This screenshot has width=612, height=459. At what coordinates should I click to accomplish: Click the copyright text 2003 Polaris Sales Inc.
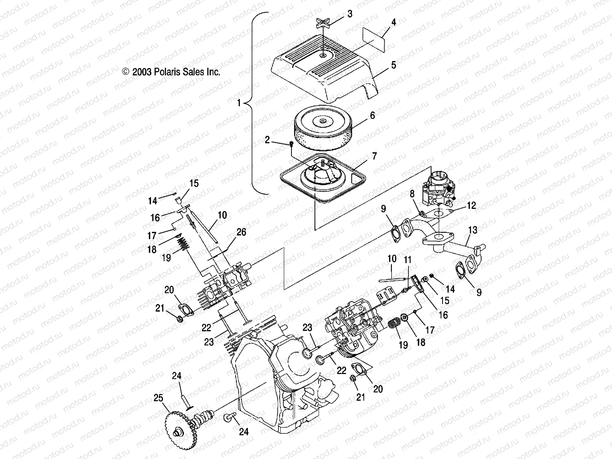pyautogui.click(x=171, y=72)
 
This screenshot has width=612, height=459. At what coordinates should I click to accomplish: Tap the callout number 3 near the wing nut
pyautogui.click(x=350, y=15)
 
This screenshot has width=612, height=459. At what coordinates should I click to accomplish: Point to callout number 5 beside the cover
pyautogui.click(x=394, y=65)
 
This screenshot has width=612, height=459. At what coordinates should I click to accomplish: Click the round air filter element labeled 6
pyautogui.click(x=324, y=130)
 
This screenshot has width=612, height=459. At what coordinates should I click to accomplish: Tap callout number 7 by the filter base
pyautogui.click(x=374, y=156)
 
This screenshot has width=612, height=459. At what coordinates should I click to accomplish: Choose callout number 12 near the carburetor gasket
pyautogui.click(x=472, y=205)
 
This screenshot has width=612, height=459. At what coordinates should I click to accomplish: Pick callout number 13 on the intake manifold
pyautogui.click(x=473, y=230)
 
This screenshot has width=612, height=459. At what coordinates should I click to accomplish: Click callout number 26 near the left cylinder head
pyautogui.click(x=241, y=232)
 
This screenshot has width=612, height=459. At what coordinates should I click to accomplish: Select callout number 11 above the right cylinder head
pyautogui.click(x=408, y=260)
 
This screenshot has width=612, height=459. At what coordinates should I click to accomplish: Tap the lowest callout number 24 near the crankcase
pyautogui.click(x=244, y=432)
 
